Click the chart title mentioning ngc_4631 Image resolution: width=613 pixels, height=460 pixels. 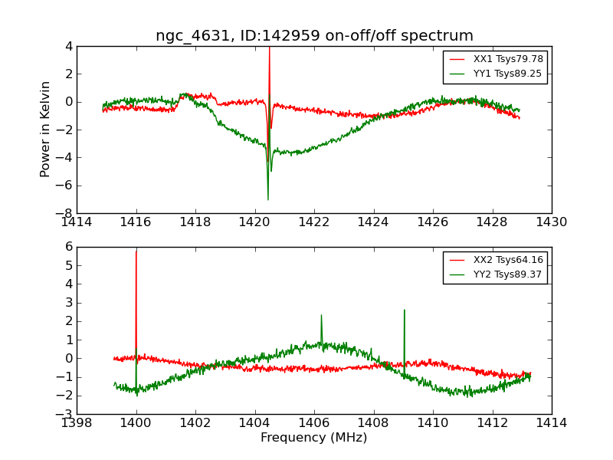tap(314, 36)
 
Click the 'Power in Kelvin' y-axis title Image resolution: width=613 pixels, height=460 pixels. tap(46, 129)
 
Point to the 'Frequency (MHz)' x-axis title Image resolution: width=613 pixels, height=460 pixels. tap(314, 438)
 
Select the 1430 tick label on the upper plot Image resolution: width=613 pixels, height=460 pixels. tap(551, 222)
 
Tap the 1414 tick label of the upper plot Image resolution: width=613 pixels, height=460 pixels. tap(77, 222)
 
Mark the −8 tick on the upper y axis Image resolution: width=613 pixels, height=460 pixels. tap(66, 213)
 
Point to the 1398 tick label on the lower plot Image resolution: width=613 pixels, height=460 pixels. tap(77, 423)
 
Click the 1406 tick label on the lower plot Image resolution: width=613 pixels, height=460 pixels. tap(314, 423)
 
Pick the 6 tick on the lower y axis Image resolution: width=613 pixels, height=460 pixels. tap(69, 247)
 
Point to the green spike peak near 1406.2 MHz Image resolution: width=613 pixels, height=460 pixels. tap(321, 316)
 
